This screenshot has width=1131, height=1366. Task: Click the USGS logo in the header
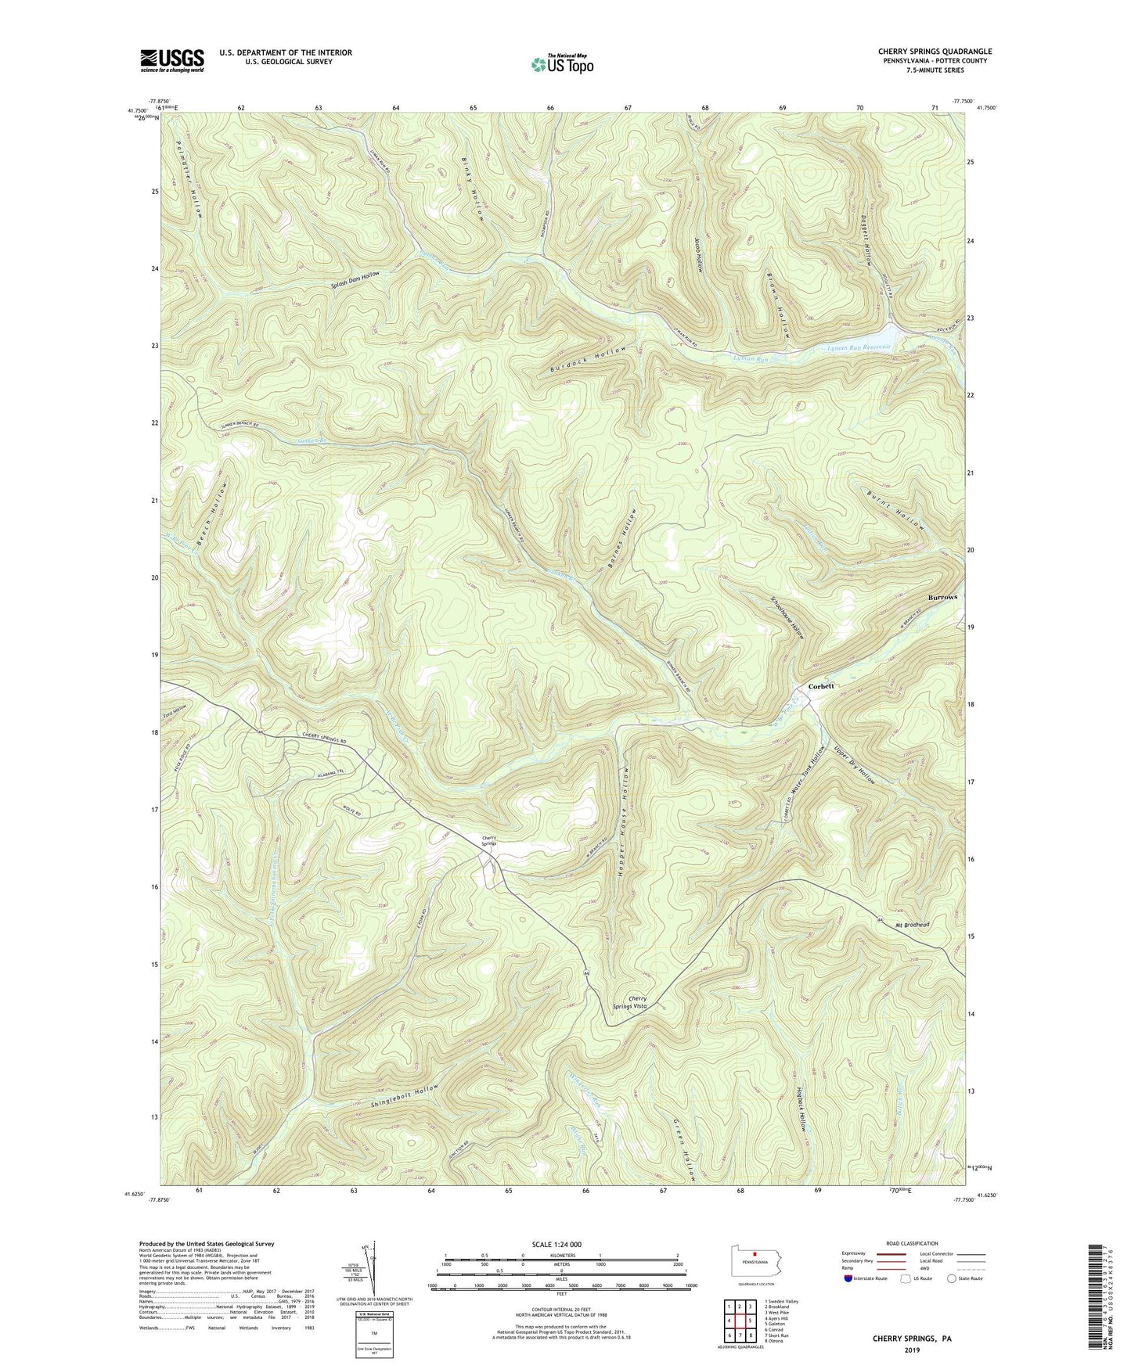tap(172, 60)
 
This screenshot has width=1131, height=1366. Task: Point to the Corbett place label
tap(821, 686)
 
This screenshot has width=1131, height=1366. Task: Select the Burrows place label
tap(942, 597)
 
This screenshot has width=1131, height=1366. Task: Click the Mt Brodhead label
tap(913, 925)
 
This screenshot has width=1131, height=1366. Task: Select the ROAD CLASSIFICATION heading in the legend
tap(912, 1243)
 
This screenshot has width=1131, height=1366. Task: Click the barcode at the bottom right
tap(1097, 1299)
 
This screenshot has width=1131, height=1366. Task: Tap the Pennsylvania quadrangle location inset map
tap(755, 1264)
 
